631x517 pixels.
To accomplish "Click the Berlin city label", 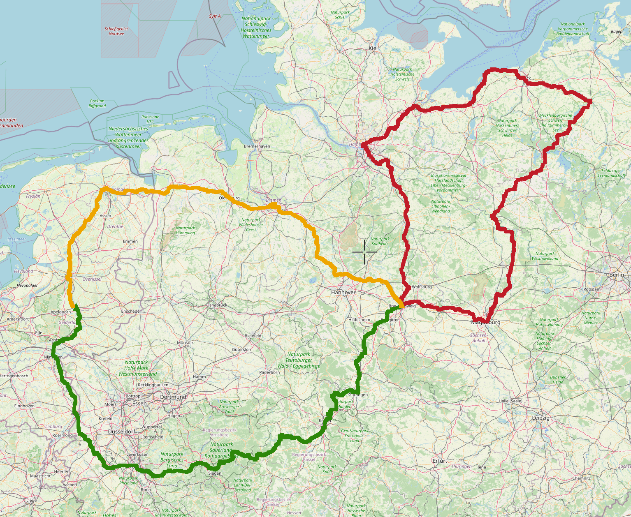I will point(616,275).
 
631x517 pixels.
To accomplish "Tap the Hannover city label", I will point(343,292).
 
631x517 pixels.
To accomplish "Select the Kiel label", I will point(373,48).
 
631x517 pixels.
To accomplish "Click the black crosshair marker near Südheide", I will point(364,252).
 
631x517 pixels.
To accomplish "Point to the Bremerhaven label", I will point(257,146).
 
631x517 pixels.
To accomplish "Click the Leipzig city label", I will point(541,418).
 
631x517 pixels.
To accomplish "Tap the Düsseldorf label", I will point(121,432).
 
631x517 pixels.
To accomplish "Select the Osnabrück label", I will point(217,305).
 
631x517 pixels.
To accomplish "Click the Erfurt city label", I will point(440,461).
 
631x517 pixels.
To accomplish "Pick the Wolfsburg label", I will point(422,287).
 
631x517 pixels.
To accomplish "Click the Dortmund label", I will point(173,397).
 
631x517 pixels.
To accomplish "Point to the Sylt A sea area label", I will point(215,16).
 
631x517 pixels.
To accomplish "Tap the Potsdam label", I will point(592,289).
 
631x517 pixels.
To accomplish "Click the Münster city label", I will point(185,342).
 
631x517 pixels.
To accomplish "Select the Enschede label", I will point(130,311).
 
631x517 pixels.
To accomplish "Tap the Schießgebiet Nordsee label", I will point(116,31).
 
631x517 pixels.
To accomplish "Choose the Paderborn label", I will point(269,372).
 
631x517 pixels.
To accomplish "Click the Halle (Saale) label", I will point(510,401).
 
